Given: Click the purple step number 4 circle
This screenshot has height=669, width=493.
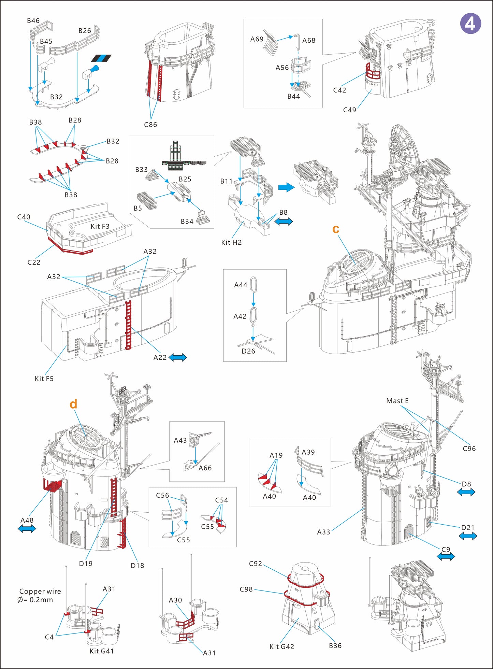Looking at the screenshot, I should point(470,24).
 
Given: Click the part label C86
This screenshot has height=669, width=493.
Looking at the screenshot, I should point(150,125).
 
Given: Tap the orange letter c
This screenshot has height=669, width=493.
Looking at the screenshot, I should point(336,229).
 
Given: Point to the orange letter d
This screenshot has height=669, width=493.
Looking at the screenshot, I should point(73,404).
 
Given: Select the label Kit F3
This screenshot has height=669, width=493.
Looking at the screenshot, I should point(100,227).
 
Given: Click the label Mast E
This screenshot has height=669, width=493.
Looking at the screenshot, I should point(397,401).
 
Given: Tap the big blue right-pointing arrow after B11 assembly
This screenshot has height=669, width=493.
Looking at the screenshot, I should point(286,187).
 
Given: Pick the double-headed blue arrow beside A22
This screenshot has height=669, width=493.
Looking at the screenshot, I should point(178,358).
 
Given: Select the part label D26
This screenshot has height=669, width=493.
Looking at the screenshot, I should point(248,351).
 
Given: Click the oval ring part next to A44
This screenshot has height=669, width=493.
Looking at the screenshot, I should point(253,285).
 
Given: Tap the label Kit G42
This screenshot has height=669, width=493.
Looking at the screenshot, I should point(281,647).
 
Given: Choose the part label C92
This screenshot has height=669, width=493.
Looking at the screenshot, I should point(255,564).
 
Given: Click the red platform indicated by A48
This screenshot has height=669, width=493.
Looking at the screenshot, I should point(52,484).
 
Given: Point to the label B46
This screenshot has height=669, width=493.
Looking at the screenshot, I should point(33,21).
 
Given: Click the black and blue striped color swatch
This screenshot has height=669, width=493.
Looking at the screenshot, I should point(101,58).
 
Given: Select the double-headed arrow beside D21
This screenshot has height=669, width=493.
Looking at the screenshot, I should point(468,536).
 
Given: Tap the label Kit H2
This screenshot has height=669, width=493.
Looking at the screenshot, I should point(231,243).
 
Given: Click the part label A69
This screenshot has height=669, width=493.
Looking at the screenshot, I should point(257,39).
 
